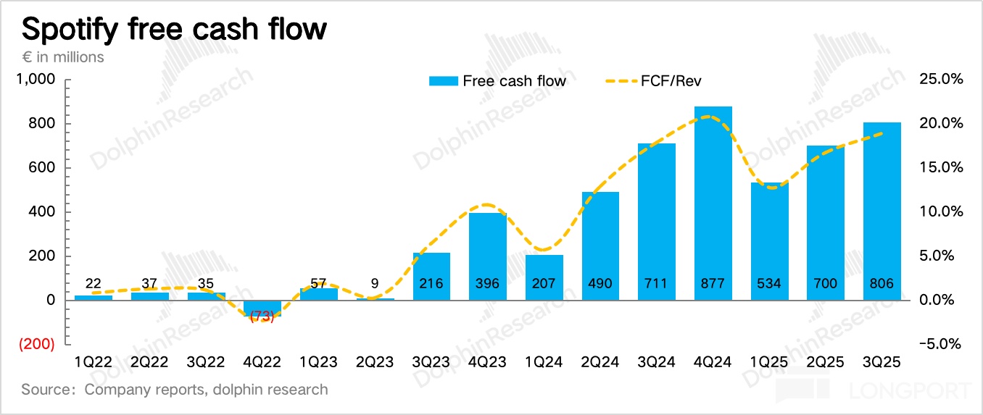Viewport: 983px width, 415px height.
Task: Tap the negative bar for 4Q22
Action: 262,308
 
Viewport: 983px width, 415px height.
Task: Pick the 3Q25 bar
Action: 882,210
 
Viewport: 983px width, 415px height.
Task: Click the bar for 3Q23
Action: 431,275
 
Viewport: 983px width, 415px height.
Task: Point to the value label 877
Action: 713,283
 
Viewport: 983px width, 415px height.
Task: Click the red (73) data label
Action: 262,317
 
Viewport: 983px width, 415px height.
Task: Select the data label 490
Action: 600,283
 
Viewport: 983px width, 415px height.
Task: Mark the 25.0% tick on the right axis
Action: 940,80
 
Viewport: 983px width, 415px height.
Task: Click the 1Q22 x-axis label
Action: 93,361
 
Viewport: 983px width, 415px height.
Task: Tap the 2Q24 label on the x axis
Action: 600,361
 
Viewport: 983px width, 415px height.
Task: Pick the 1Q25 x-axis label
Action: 769,361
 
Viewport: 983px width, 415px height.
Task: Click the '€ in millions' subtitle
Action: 63,56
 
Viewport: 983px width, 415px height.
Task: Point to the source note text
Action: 175,390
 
